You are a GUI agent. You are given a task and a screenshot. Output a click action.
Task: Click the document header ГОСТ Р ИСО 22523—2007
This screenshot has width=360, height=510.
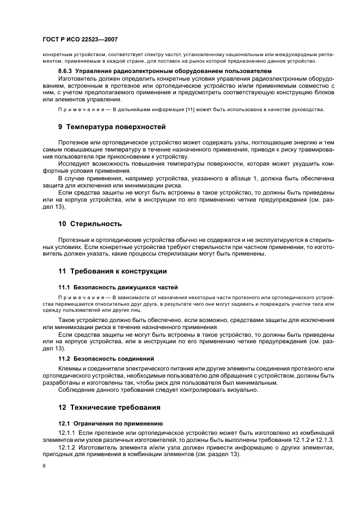click(x=80, y=40)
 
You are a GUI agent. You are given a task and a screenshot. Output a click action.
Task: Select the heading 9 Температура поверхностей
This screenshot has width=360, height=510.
click(x=112, y=127)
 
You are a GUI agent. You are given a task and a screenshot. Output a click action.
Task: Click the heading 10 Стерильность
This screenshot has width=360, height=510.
click(x=90, y=224)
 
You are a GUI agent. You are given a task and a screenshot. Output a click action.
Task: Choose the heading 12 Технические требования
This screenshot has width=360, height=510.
click(x=109, y=408)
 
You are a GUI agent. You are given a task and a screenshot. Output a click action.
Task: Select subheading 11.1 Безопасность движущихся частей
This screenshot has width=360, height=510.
click(x=118, y=287)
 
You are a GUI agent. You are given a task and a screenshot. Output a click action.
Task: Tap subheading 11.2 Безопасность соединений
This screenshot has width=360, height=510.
click(x=106, y=359)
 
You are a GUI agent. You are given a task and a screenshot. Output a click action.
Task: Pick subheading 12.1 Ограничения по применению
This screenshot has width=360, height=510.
click(x=111, y=423)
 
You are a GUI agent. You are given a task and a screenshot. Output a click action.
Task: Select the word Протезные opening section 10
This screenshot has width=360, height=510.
click(x=76, y=240)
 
